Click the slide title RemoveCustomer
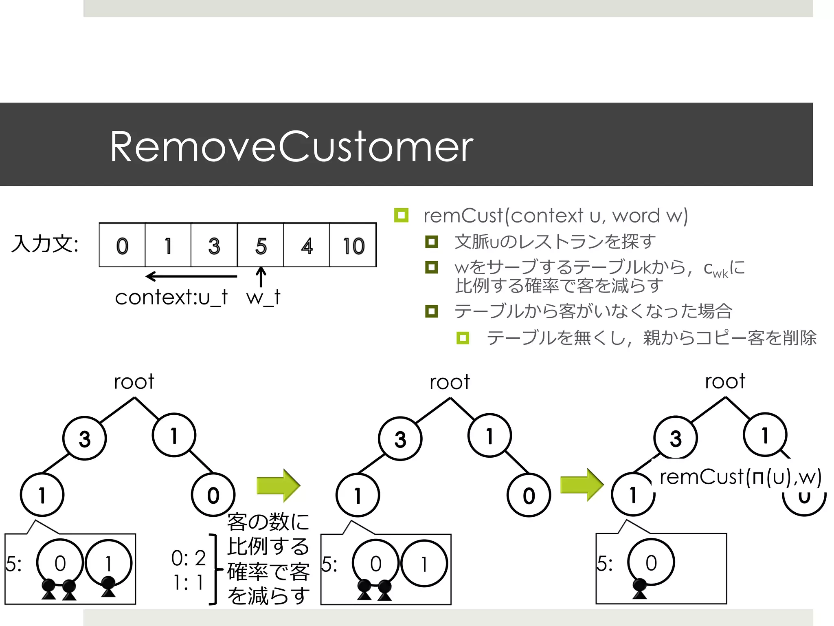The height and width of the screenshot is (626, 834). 291,147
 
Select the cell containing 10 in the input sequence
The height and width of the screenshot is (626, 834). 353,246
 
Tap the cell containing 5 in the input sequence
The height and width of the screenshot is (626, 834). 261,246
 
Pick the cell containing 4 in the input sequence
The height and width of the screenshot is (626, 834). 307,246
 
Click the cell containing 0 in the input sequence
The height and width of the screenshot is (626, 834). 122,246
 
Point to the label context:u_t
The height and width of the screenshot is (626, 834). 171,297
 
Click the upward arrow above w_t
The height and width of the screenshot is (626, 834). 261,277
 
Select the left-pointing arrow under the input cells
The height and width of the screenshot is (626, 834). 191,276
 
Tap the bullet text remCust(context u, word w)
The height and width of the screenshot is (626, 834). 555,216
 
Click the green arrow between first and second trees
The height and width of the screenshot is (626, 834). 278,485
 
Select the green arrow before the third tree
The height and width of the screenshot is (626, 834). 582,485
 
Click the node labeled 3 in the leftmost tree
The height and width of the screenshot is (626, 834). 84,439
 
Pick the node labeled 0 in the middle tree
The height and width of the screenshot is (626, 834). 529,495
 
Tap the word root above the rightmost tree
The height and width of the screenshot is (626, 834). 725,381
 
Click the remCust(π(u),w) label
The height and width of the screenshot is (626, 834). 740,477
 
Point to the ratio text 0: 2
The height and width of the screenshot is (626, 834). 189,558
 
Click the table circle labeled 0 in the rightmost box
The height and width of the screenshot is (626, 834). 651,563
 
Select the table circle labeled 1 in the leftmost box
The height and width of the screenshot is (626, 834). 108,564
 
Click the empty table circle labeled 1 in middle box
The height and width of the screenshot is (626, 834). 424,564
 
